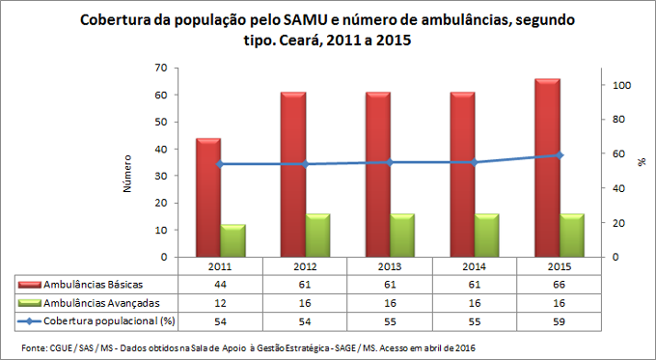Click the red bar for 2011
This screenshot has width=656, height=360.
tap(208, 198)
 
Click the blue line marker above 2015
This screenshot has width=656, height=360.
tap(559, 155)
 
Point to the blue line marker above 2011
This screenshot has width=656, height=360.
tap(220, 164)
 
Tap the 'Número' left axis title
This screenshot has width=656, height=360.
tap(127, 172)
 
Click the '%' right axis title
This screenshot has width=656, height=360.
tap(642, 162)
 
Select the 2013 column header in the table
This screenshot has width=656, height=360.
tap(389, 267)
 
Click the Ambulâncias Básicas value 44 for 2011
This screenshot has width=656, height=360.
tap(220, 286)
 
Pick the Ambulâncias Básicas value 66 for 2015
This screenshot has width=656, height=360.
tap(559, 286)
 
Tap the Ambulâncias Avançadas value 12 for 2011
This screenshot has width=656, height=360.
tap(220, 302)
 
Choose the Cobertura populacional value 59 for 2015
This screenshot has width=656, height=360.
tap(559, 319)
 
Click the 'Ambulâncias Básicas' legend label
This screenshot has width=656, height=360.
tap(91, 286)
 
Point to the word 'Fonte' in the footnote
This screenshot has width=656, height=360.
tap(33, 346)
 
